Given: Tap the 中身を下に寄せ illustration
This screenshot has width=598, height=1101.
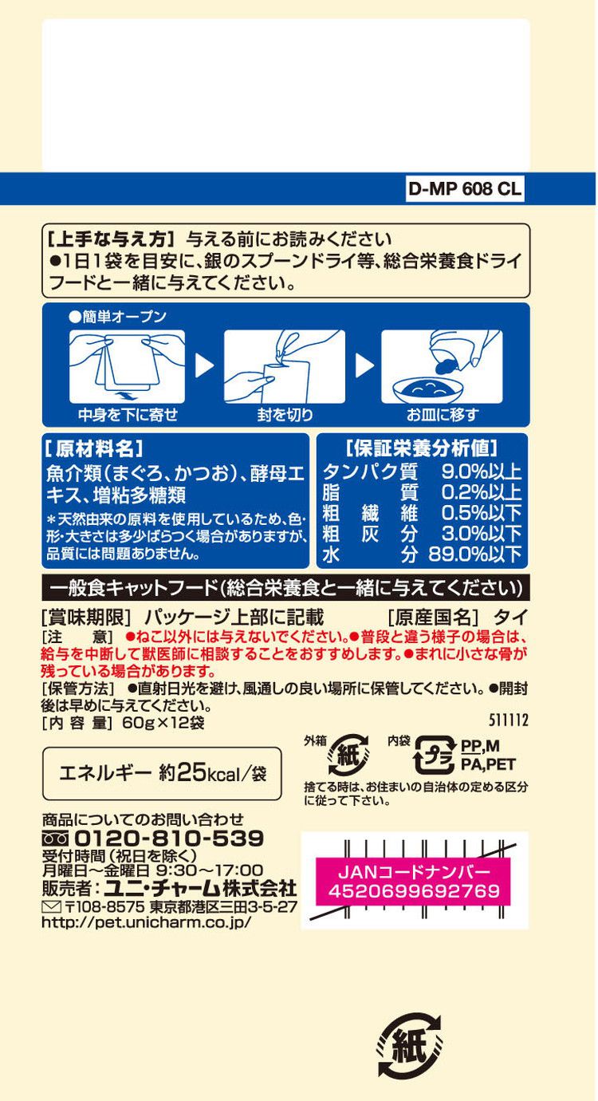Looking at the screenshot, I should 128,367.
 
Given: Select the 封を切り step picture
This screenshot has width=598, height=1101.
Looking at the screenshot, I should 284,367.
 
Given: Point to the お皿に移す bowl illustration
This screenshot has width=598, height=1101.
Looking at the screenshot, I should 442,367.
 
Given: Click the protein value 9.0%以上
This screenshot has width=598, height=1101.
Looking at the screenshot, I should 481,472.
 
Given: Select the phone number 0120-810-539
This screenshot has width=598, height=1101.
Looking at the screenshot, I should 168,839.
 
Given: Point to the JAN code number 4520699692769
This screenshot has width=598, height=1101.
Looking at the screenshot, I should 414,891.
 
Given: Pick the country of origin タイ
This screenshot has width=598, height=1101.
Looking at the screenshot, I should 506,617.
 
